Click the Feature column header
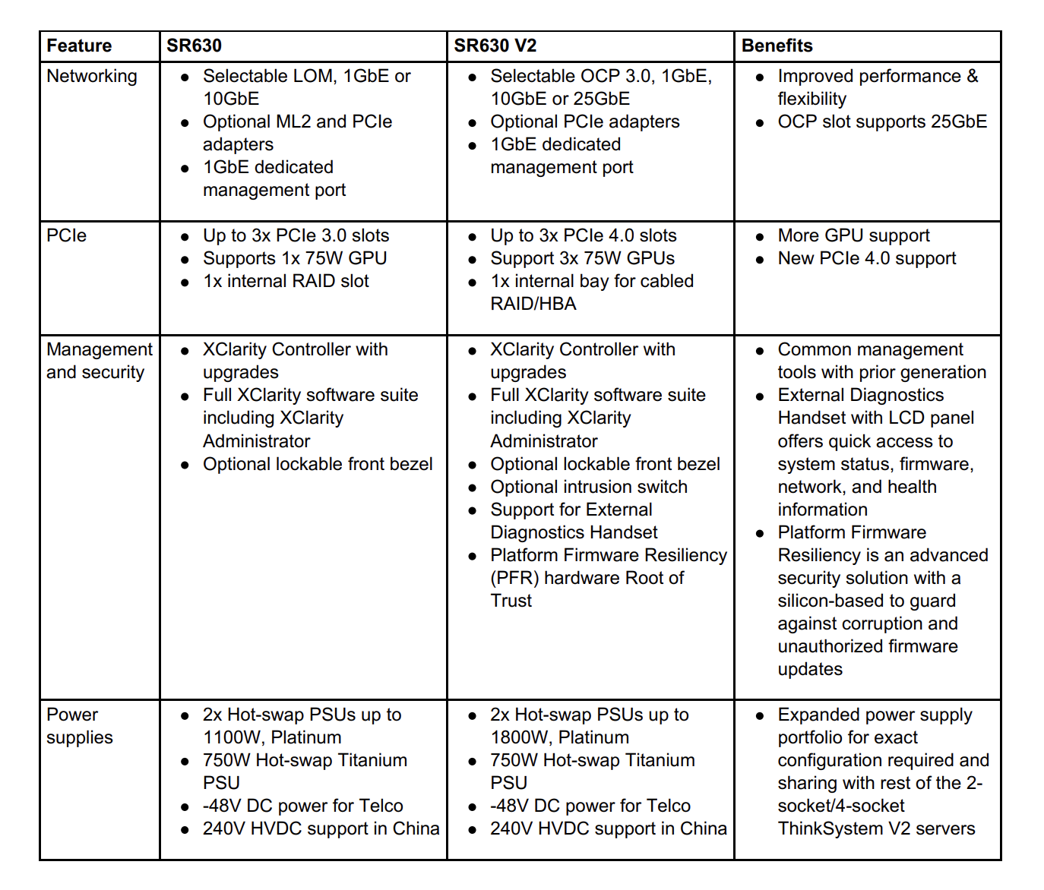(x=79, y=46)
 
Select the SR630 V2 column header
(x=495, y=46)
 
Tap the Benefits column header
(x=777, y=46)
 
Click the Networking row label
(x=92, y=76)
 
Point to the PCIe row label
(x=66, y=235)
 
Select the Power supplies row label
(x=79, y=726)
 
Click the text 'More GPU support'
(x=853, y=235)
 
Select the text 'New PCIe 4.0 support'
(x=866, y=258)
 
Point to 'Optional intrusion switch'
(x=588, y=487)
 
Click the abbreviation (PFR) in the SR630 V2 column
(x=514, y=578)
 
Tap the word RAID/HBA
(x=533, y=304)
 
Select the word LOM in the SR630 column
(x=317, y=76)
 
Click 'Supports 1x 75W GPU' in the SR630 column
(x=294, y=258)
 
